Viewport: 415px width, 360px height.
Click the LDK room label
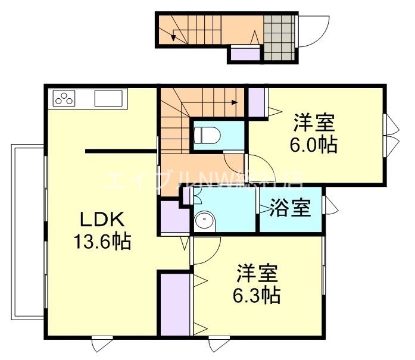click(102, 220)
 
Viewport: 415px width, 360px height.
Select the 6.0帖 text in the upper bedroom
click(313, 145)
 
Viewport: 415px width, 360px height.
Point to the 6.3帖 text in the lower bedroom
click(257, 294)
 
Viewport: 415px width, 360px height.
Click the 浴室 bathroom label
click(290, 209)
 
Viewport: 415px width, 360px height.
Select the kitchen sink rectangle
click(108, 98)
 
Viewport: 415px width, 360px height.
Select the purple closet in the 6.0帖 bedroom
click(257, 102)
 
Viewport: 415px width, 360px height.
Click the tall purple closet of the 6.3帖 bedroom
click(174, 303)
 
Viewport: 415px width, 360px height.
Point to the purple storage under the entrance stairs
click(244, 54)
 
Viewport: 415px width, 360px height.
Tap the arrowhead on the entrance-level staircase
click(173, 37)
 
